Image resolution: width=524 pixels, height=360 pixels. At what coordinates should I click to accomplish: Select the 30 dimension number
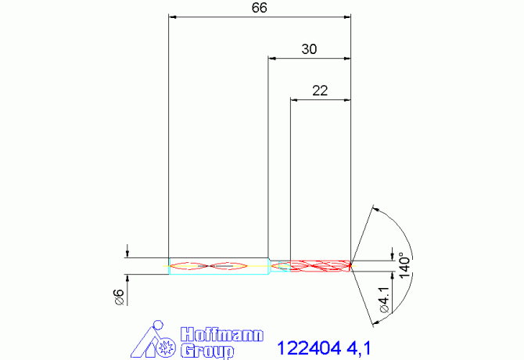(x=309, y=49)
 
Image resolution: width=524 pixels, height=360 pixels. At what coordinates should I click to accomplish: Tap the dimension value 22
(x=320, y=90)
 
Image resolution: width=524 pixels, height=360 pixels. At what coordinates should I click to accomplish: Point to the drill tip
(x=351, y=264)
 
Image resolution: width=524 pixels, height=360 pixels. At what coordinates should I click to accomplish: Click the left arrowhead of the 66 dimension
(x=174, y=16)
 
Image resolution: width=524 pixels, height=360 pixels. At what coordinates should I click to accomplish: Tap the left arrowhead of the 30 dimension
(x=272, y=57)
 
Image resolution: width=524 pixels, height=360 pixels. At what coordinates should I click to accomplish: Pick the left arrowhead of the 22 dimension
(x=294, y=99)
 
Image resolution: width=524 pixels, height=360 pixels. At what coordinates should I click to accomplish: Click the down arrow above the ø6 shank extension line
(x=127, y=252)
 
